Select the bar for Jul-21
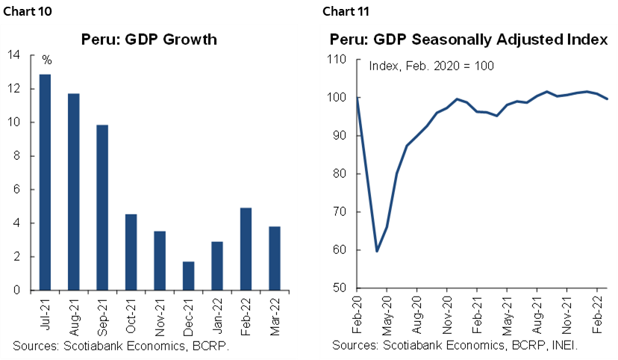click(46, 182)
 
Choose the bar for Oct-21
click(131, 252)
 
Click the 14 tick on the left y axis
click(14, 55)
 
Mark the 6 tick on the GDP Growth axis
click(16, 190)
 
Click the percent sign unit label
click(46, 59)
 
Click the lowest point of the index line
click(376, 251)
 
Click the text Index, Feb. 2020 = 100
click(431, 66)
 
